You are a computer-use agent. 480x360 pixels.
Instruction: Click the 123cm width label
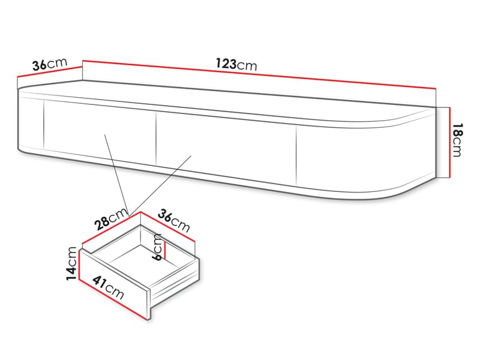tap(236, 65)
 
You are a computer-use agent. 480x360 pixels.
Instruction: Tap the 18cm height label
tap(457, 140)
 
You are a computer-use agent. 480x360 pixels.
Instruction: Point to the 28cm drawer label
tap(111, 219)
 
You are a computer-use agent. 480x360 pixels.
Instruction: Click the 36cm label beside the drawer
tap(174, 221)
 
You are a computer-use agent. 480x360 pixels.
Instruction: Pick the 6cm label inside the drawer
tap(157, 247)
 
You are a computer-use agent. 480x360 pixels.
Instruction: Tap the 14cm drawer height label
tap(71, 263)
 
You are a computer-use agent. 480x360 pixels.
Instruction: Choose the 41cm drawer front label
tap(109, 288)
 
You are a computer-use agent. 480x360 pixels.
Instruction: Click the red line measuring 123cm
tap(259, 74)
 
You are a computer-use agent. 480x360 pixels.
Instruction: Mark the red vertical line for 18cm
tap(449, 142)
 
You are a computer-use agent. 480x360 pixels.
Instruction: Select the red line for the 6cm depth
tap(164, 249)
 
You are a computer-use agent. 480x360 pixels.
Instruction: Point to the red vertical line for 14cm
tap(79, 265)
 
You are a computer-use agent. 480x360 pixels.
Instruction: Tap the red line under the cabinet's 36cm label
tap(50, 71)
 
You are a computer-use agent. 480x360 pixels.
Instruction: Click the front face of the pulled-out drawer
tap(114, 283)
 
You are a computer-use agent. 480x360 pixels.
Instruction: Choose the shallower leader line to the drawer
tap(160, 186)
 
